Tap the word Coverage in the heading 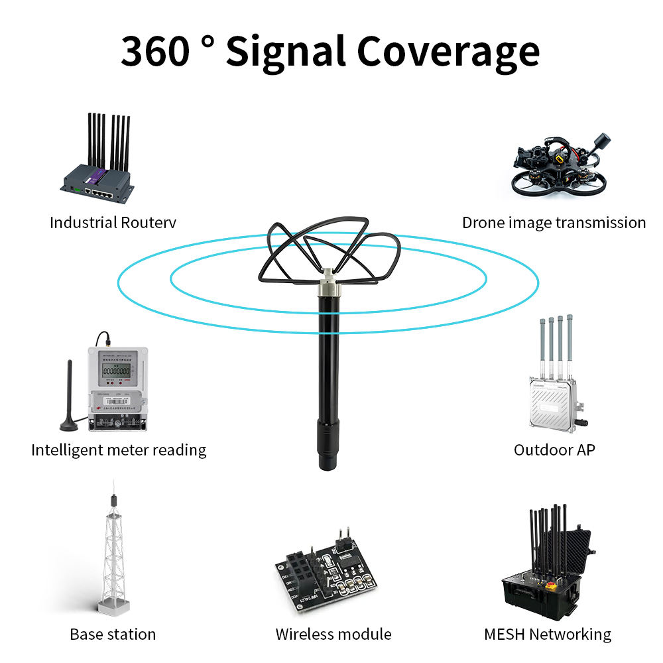[x=449, y=52]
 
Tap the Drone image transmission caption [x=554, y=222]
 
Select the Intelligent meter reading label [x=119, y=450]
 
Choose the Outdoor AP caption [x=554, y=450]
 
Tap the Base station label [x=113, y=634]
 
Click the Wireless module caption [x=333, y=634]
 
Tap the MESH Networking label [x=548, y=634]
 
